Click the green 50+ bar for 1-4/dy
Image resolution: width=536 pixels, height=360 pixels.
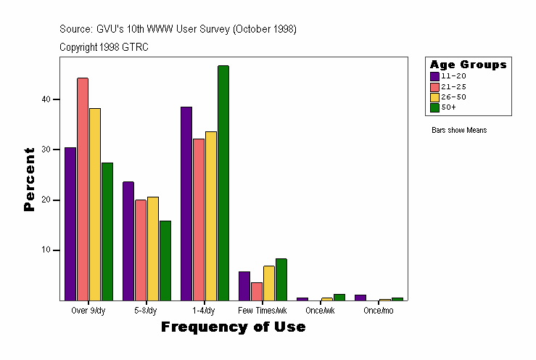tap(223, 183)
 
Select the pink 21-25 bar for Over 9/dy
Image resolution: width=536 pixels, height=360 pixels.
tap(83, 189)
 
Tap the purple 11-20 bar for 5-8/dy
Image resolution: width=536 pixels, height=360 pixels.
tap(128, 241)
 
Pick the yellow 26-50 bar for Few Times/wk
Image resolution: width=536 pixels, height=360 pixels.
tap(269, 283)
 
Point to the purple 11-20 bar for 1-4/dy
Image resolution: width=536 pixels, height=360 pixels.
tap(186, 203)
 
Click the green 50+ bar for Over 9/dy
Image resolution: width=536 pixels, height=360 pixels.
tap(107, 232)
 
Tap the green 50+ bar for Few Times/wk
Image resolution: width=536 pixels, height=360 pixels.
tap(281, 279)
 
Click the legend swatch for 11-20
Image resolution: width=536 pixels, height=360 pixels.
tap(434, 76)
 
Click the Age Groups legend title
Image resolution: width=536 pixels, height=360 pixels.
tap(468, 65)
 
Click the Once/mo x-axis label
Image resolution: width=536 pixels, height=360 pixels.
tap(378, 311)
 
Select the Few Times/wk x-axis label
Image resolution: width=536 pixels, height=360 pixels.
tap(263, 311)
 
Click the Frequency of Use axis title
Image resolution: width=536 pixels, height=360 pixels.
tap(233, 327)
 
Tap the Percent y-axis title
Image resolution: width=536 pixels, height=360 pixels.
tap(29, 179)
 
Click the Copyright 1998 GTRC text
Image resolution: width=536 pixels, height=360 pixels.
tap(104, 46)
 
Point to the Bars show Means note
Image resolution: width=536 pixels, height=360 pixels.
tap(459, 131)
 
